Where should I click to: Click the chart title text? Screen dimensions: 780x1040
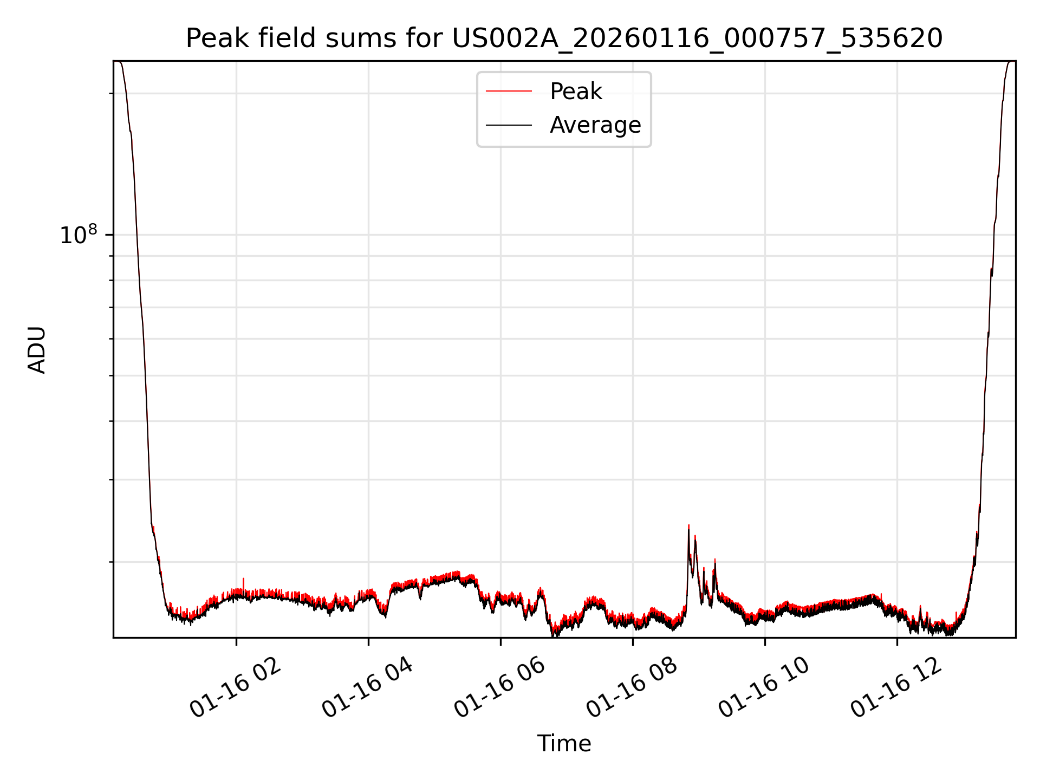(x=564, y=38)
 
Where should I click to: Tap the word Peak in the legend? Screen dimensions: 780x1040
(x=575, y=92)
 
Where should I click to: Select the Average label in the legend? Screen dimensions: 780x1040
(x=595, y=125)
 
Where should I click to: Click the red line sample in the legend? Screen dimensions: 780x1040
(x=509, y=92)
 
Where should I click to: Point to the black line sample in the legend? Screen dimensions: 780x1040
(x=509, y=126)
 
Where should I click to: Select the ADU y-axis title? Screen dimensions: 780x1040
(x=37, y=349)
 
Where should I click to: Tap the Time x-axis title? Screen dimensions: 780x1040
(x=564, y=744)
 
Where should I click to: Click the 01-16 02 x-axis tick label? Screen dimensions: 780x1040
(x=236, y=688)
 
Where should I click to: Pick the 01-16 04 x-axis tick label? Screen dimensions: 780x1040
(x=368, y=688)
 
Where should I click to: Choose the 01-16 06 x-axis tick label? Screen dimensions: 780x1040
(x=499, y=688)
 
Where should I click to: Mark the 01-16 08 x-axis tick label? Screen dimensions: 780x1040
(x=632, y=688)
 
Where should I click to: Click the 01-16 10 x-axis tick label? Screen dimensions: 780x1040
(x=764, y=688)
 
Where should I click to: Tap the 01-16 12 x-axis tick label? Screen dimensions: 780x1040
(x=896, y=688)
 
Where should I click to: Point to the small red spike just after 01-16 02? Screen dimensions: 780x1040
(x=243, y=580)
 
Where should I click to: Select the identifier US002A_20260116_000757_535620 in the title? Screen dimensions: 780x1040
(x=697, y=38)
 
